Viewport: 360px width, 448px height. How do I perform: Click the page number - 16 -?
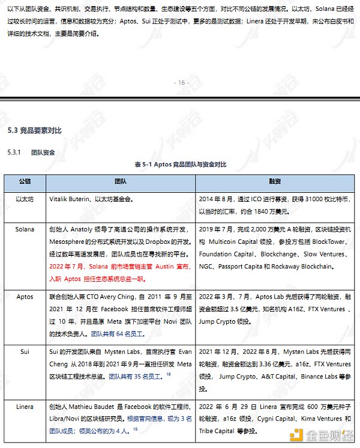(x=180, y=82)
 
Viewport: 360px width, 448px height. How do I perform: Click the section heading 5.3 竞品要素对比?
(x=34, y=131)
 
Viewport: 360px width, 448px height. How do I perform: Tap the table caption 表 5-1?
(x=144, y=163)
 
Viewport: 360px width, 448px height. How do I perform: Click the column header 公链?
(x=25, y=181)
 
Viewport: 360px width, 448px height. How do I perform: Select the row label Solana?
(x=25, y=229)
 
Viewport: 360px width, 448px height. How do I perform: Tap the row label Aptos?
(x=25, y=296)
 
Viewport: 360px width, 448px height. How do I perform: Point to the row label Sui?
(x=25, y=351)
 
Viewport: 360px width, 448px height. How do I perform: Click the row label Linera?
(x=25, y=407)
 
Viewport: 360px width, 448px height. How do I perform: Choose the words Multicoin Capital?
(x=234, y=241)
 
